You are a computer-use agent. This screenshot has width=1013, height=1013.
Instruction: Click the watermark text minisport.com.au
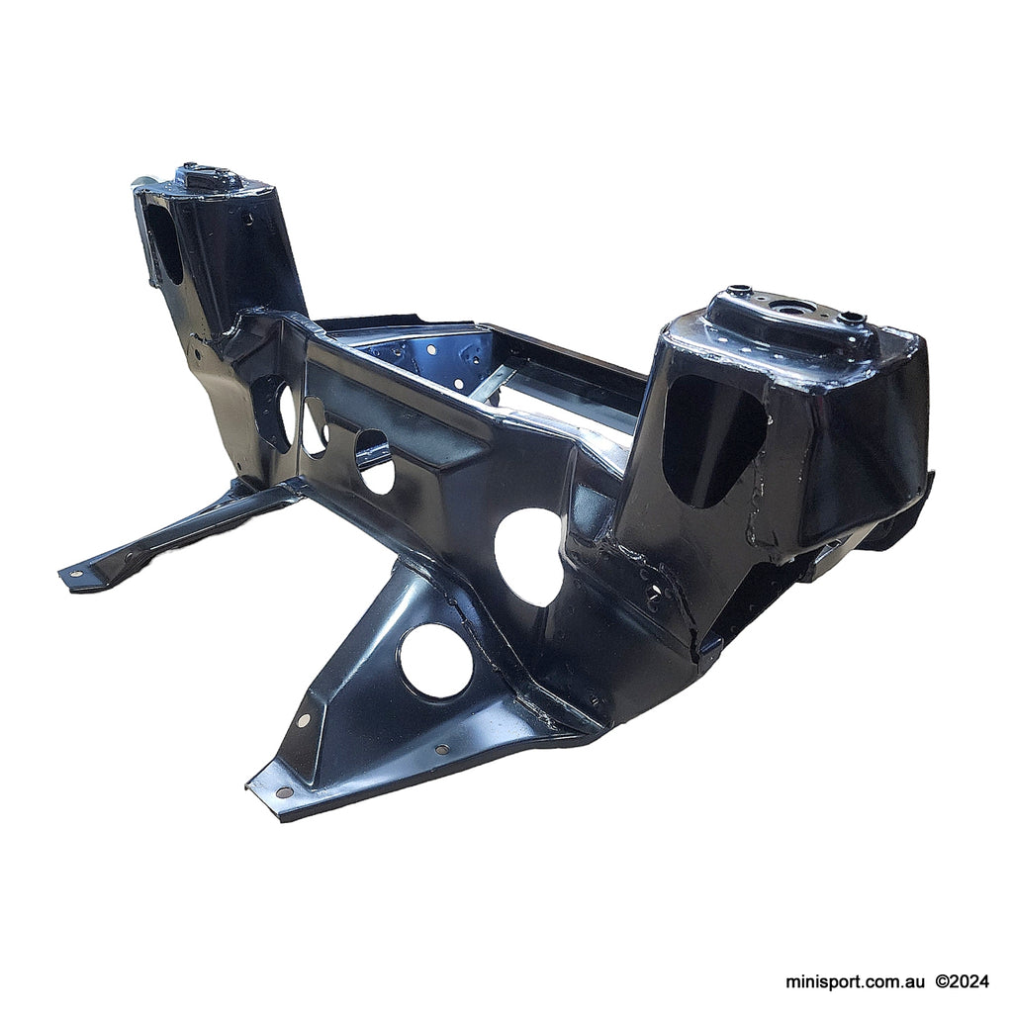coord(856,982)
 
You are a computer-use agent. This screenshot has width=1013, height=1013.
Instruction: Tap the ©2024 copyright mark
coord(962,982)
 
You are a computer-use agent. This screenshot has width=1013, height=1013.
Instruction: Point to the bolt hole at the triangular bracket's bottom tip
coord(284,791)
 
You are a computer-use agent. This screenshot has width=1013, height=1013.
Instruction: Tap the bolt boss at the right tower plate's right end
coord(853,318)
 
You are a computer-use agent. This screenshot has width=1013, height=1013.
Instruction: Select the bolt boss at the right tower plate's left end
coord(733,292)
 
